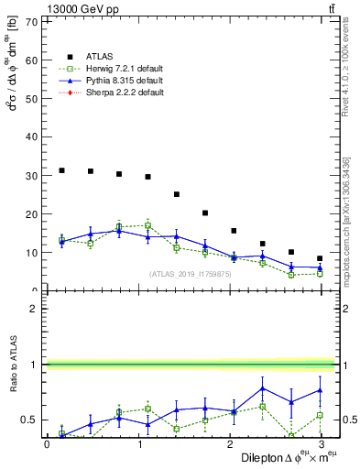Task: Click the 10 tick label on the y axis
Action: tap(31, 253)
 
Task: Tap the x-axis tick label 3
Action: tap(321, 443)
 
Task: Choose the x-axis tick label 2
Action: tap(229, 443)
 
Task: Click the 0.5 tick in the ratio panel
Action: tap(28, 420)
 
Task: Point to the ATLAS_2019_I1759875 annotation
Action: tap(191, 274)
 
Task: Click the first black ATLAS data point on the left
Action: tap(61, 170)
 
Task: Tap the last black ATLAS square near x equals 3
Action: tap(320, 258)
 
